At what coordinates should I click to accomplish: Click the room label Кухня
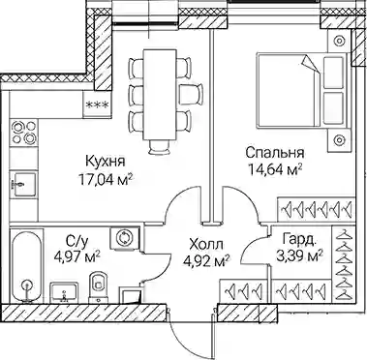pyautogui.click(x=106, y=161)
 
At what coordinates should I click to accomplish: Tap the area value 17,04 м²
pyautogui.click(x=106, y=179)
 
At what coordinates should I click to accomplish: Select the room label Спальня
pyautogui.click(x=275, y=153)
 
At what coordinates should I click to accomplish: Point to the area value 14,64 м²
pyautogui.click(x=275, y=169)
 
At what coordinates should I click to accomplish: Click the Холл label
pyautogui.click(x=206, y=245)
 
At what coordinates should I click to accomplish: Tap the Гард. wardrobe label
pyautogui.click(x=298, y=240)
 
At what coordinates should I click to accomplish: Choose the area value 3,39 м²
pyautogui.click(x=299, y=256)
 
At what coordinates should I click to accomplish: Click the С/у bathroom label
pyautogui.click(x=76, y=241)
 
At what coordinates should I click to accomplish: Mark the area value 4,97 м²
pyautogui.click(x=76, y=257)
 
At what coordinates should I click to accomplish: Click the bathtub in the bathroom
pyautogui.click(x=27, y=266)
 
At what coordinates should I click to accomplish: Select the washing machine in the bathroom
pyautogui.click(x=124, y=238)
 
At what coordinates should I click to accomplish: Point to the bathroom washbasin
pyautogui.click(x=64, y=292)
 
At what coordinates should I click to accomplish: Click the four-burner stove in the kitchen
pyautogui.click(x=23, y=133)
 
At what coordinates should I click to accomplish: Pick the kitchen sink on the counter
pyautogui.click(x=22, y=184)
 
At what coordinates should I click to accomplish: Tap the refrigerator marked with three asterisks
pyautogui.click(x=97, y=105)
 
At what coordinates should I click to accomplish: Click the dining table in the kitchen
pyautogui.click(x=160, y=95)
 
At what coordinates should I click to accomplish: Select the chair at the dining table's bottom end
pyautogui.click(x=160, y=147)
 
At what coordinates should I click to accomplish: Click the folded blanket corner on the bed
pyautogui.click(x=309, y=64)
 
